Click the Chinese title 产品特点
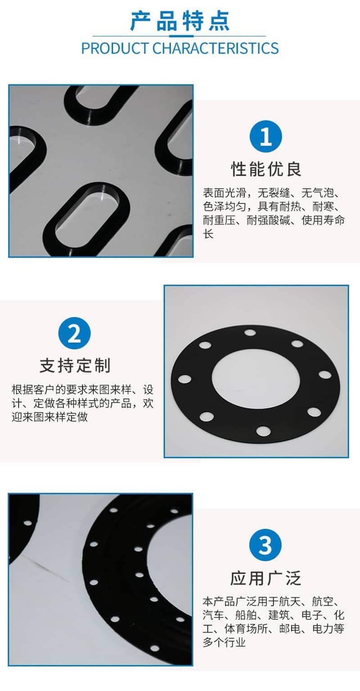[x=180, y=21]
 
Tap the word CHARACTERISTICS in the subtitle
[x=216, y=49]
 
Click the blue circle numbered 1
[x=265, y=136]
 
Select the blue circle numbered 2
[x=74, y=333]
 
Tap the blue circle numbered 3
[x=265, y=545]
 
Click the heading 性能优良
[x=266, y=169]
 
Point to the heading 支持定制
[x=75, y=366]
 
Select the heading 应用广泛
[x=265, y=578]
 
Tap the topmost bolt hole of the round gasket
[x=250, y=332]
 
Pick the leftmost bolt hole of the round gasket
[x=185, y=379]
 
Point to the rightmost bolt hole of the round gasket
[x=325, y=375]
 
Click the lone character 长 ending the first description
[x=208, y=233]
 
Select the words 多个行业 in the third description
[x=224, y=642]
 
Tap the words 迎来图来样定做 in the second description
[x=49, y=417]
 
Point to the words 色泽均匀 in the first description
[x=224, y=206]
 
